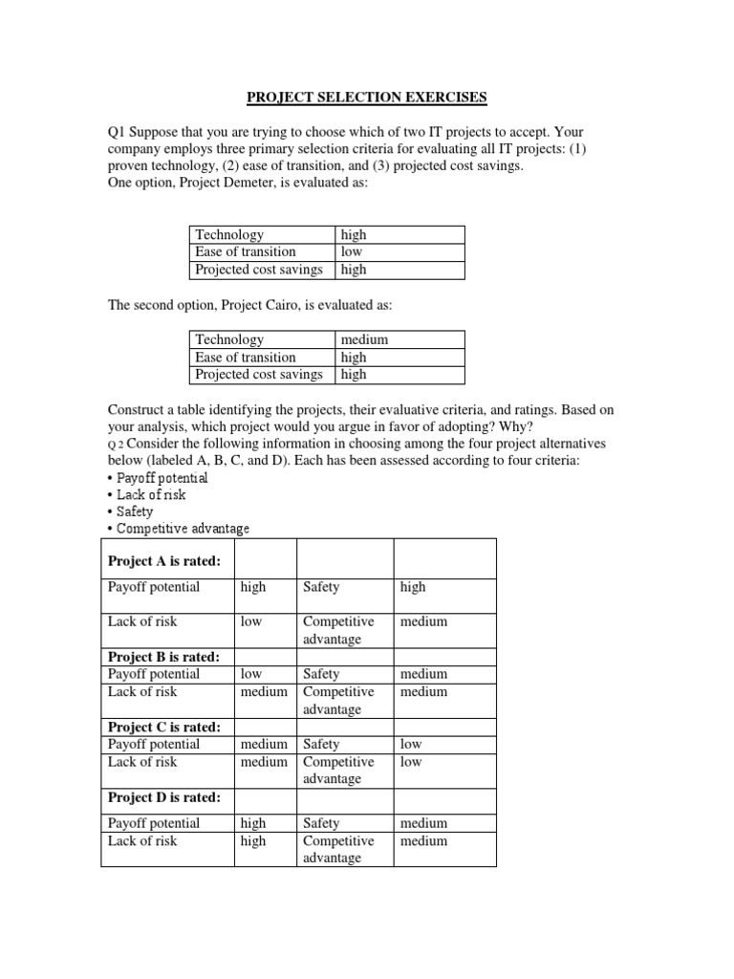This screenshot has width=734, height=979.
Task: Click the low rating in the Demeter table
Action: [x=352, y=252]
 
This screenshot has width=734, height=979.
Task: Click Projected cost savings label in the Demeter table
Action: [x=259, y=270]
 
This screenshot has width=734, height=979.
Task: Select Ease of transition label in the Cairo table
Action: [x=246, y=358]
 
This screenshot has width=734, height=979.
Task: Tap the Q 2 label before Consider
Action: [x=116, y=445]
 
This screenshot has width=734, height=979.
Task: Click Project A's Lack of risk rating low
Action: [x=251, y=621]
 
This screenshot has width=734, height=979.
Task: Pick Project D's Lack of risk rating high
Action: [x=253, y=841]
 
